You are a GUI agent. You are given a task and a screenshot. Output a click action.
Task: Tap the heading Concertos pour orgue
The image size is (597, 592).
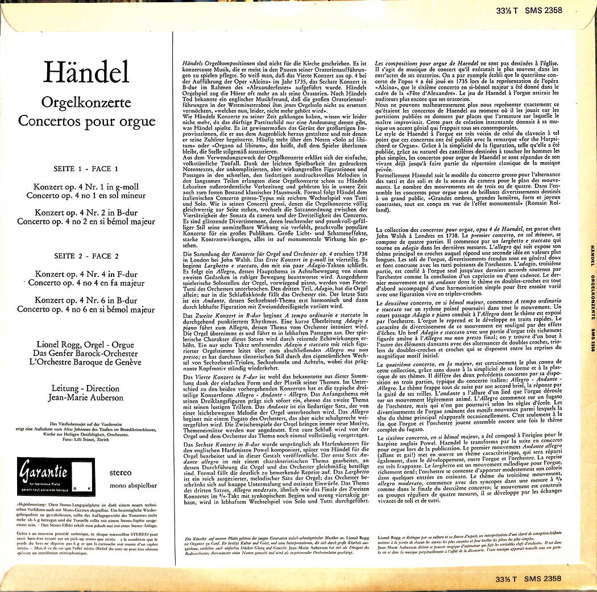click(x=86, y=121)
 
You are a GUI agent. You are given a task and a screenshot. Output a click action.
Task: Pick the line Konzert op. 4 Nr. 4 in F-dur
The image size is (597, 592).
click(x=85, y=274)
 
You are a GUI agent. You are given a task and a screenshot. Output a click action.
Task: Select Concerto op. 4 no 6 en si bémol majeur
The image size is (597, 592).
click(x=86, y=309)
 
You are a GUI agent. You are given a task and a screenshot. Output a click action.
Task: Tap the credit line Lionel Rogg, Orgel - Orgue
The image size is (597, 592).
click(x=85, y=345)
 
